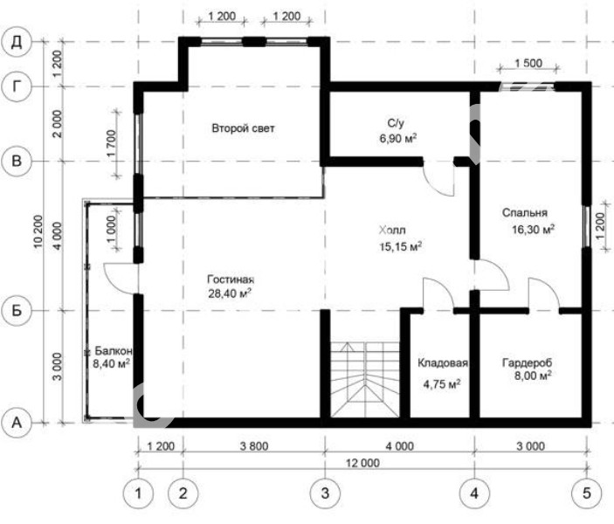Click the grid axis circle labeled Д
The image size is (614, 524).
(x=17, y=42)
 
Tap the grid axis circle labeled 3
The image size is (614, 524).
(x=325, y=493)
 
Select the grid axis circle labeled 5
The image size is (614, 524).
(x=587, y=493)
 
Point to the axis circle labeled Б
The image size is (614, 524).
(x=17, y=311)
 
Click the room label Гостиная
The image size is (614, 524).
(x=231, y=279)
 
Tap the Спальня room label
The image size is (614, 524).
(x=525, y=212)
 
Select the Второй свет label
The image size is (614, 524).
(x=243, y=128)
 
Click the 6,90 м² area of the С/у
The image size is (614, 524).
(x=398, y=138)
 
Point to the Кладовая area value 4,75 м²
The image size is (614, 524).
(x=442, y=383)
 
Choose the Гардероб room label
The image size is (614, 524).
(x=527, y=362)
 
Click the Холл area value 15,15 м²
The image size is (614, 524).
(x=401, y=246)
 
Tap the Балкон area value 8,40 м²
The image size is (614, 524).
(x=111, y=364)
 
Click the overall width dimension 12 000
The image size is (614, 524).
(x=362, y=463)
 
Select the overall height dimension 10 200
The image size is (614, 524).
(x=38, y=231)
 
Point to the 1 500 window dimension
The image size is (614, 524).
(x=528, y=63)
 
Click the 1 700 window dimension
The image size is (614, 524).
(x=111, y=143)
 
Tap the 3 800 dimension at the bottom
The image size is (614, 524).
(x=254, y=446)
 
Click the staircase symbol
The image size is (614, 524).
(x=365, y=380)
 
